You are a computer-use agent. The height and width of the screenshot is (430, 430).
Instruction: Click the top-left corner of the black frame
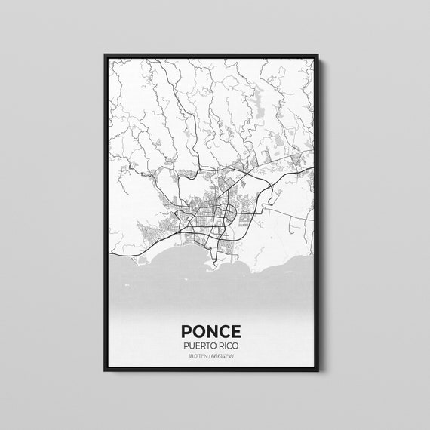(x=105, y=56)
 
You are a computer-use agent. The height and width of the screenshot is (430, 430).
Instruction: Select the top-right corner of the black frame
(x=318, y=56)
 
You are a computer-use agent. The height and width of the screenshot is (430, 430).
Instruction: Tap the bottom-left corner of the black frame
(x=105, y=371)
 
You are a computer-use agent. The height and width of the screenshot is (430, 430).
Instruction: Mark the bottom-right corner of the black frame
(x=318, y=371)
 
